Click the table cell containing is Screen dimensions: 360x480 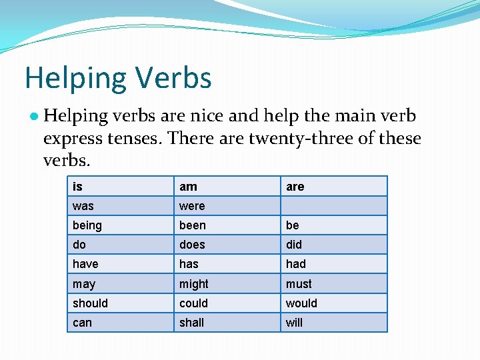click(120, 187)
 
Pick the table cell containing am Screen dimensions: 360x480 click(227, 187)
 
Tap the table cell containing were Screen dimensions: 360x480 click(227, 206)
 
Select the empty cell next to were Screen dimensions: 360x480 click(333, 206)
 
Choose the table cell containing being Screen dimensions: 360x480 click(120, 225)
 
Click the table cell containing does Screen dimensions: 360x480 click(227, 245)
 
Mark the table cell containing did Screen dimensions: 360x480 click(333, 245)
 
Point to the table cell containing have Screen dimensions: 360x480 click(120, 264)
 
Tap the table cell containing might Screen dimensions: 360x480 click(227, 283)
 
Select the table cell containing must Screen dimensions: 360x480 click(333, 283)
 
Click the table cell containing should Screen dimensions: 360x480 click(120, 303)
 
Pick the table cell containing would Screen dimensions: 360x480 click(333, 303)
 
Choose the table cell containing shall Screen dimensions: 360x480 click(227, 322)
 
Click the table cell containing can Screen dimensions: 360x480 click(120, 322)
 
